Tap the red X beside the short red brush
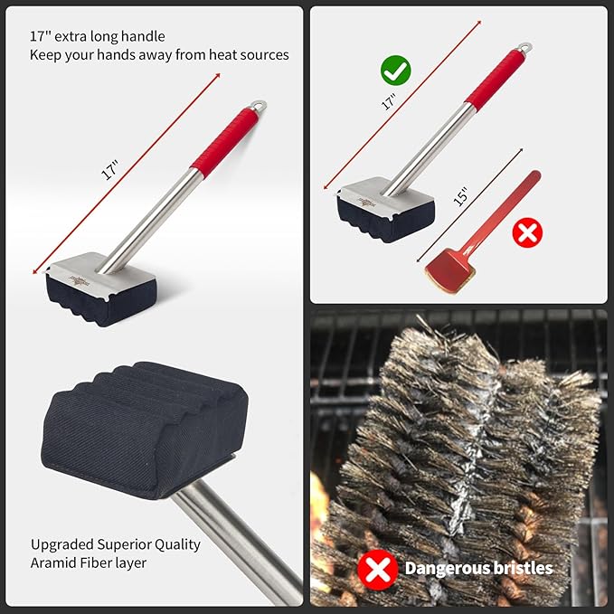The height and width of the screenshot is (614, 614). click(x=527, y=233)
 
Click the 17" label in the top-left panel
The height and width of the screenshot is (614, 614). click(x=110, y=170)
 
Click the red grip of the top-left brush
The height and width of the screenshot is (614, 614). click(x=222, y=144)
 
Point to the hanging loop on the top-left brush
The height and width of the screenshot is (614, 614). click(x=260, y=108)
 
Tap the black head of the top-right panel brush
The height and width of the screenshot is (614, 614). click(x=373, y=219)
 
